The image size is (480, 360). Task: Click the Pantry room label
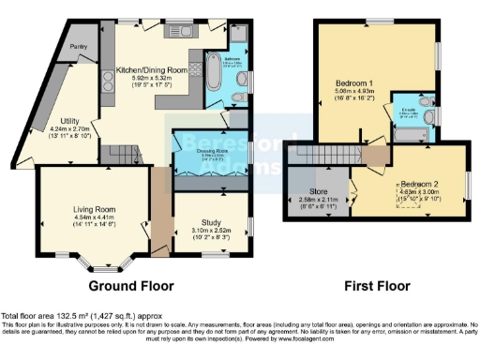(80, 44)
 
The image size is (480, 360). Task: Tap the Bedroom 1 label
(354, 82)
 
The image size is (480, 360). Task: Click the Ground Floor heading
(128, 284)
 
